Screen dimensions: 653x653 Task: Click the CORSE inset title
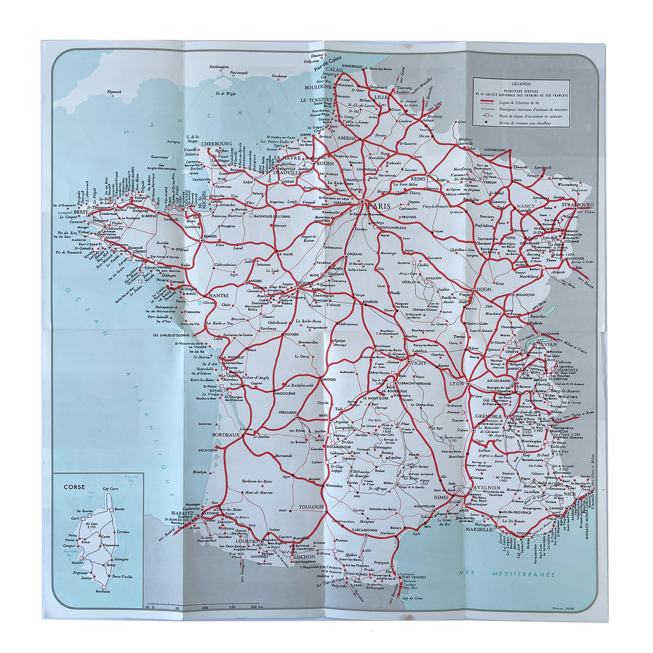pyautogui.click(x=74, y=487)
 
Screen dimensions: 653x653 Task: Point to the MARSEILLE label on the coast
pyautogui.click(x=477, y=529)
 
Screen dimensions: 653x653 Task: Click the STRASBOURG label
pyautogui.click(x=581, y=205)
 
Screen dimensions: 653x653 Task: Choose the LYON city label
pyautogui.click(x=456, y=384)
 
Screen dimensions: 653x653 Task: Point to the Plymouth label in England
pyautogui.click(x=114, y=92)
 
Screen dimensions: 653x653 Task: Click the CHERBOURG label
pyautogui.click(x=217, y=144)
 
